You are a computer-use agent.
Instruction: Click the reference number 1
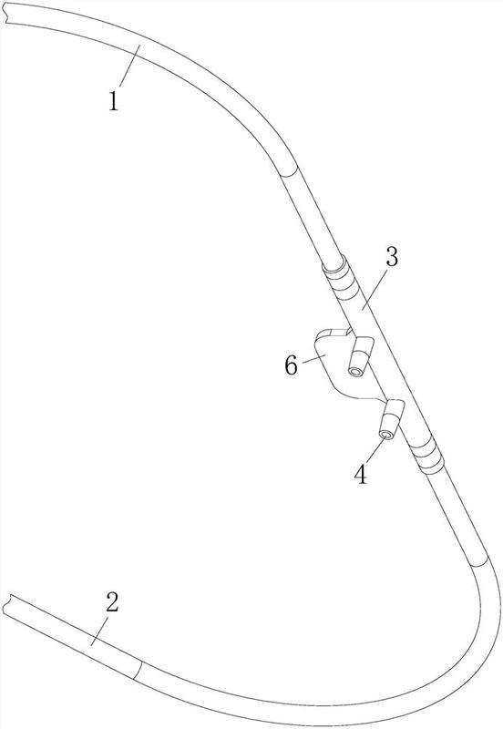(114, 101)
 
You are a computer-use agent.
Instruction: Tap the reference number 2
(112, 602)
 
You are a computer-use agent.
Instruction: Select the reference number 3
(392, 257)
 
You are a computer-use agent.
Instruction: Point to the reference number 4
(361, 474)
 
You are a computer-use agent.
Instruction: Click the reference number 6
(291, 365)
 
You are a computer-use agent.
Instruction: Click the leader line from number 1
(129, 66)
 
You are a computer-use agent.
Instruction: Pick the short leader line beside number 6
(311, 359)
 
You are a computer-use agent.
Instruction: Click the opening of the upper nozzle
(355, 372)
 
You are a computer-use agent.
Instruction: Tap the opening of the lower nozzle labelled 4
(385, 435)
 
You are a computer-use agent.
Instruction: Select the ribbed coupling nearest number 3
(342, 280)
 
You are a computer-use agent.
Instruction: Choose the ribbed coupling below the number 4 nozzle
(426, 457)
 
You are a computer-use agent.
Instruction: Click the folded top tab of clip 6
(334, 332)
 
